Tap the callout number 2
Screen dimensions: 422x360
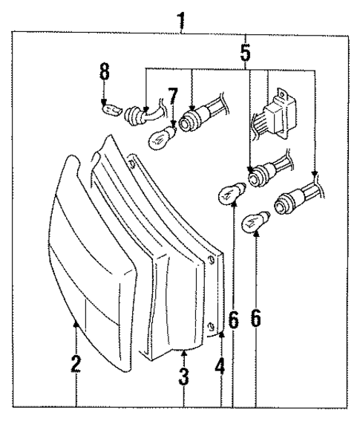click(75, 364)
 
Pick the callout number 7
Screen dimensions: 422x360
click(173, 96)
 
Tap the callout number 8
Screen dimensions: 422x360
click(105, 72)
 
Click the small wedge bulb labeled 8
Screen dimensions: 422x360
click(110, 110)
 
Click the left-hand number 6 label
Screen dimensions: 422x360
click(233, 320)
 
